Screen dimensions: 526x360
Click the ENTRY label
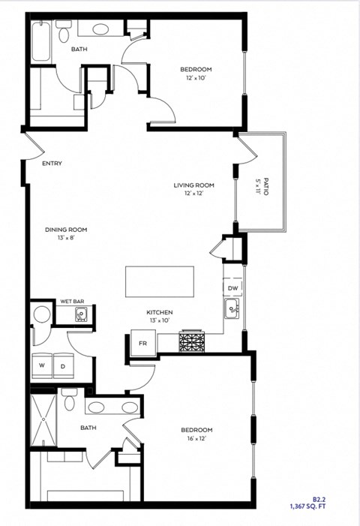pyautogui.click(x=52, y=164)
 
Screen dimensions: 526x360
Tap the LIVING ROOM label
pyautogui.click(x=194, y=185)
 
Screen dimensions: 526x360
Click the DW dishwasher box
pyautogui.click(x=232, y=288)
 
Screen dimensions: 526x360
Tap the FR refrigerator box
pyautogui.click(x=142, y=343)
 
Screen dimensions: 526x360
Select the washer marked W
pyautogui.click(x=43, y=365)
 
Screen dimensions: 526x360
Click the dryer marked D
pyautogui.click(x=63, y=365)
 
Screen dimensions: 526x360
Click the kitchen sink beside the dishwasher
pyautogui.click(x=232, y=306)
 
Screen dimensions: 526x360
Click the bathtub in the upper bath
pyautogui.click(x=41, y=42)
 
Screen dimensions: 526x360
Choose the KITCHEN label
pyautogui.click(x=160, y=312)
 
